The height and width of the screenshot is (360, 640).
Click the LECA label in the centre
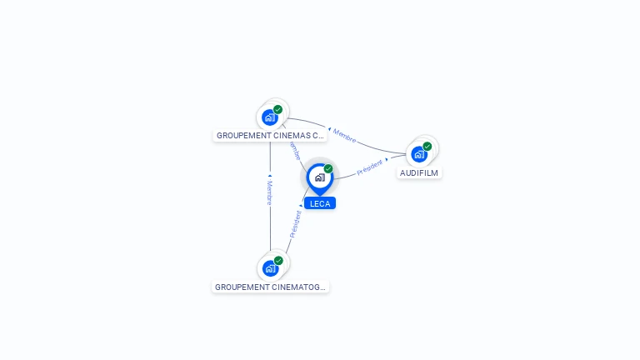(320, 203)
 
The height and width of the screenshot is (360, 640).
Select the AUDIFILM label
(419, 173)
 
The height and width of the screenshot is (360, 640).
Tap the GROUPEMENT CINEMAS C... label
(270, 135)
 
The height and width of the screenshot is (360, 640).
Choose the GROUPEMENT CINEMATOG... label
(270, 287)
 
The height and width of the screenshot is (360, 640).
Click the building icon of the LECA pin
(319, 177)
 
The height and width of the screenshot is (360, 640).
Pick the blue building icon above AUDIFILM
(418, 154)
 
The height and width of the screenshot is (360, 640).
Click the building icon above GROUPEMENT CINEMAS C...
(269, 117)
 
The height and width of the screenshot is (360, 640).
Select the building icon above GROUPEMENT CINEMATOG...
(269, 268)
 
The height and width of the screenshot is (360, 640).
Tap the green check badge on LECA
(328, 169)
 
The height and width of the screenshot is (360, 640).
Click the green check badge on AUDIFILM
(427, 147)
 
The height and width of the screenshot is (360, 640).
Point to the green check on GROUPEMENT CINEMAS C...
(278, 109)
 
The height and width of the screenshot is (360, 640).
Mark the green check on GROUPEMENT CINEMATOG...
(278, 261)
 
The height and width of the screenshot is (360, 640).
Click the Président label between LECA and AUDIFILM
(369, 167)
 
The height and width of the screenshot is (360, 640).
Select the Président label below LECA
(295, 224)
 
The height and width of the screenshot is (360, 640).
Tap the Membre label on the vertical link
(269, 192)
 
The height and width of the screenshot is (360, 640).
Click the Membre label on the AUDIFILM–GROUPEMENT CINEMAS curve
(344, 136)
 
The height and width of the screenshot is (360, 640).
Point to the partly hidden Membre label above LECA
(294, 150)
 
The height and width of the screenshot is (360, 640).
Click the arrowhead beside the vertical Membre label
(269, 176)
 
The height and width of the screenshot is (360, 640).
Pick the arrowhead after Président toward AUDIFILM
(387, 159)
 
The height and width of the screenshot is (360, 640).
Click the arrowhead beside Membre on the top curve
(329, 129)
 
